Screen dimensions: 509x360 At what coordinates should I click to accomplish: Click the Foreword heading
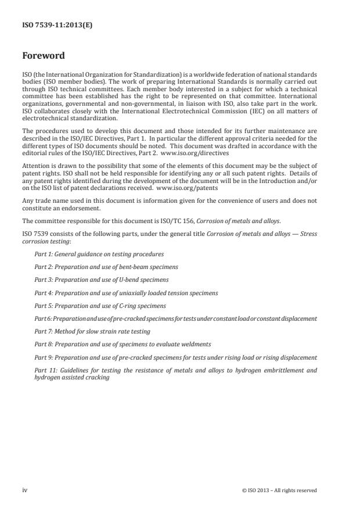point(43,56)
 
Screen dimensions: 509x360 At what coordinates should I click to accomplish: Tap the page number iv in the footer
point(24,490)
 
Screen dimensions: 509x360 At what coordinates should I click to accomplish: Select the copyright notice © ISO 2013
point(279,490)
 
